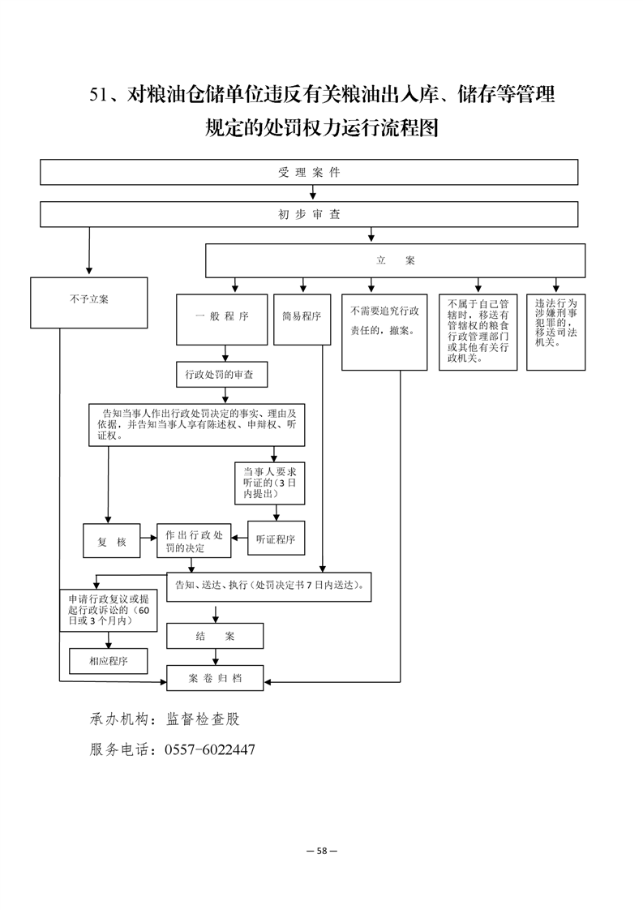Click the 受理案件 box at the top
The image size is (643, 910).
coord(309,173)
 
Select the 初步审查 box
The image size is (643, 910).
coord(309,214)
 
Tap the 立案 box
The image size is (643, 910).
coord(395,260)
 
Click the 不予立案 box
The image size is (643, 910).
coord(89,303)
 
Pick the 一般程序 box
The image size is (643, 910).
coord(221,320)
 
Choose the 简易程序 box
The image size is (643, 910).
coord(302,320)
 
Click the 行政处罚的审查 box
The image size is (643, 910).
coord(222,375)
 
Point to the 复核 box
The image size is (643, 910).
coord(111,541)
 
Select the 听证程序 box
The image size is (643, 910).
coord(276,539)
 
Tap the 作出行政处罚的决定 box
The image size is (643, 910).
coord(194,541)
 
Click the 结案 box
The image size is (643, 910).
coord(215,636)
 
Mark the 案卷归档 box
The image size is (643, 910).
coord(215,678)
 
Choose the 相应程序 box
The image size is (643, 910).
coord(109,661)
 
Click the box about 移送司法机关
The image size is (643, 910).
coord(555,332)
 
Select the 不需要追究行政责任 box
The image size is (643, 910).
coord(384,332)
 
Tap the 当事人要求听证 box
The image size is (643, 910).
coord(270,483)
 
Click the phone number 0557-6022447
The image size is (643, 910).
coord(210,750)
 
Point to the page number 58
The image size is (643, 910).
coord(322,851)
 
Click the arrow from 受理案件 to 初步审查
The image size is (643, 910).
coord(313,193)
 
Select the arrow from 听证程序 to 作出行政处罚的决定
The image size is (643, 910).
coord(239,538)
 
